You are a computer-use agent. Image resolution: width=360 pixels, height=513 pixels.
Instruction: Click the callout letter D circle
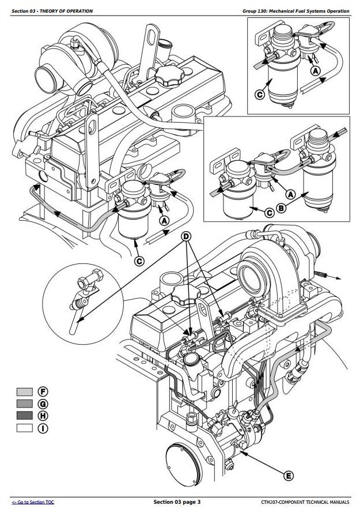click(x=185, y=237)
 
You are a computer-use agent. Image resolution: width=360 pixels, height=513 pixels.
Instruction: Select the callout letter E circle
click(x=289, y=475)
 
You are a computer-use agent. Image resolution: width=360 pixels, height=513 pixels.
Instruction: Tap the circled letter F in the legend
click(x=42, y=393)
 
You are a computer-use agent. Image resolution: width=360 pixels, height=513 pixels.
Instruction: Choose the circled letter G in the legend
click(x=42, y=404)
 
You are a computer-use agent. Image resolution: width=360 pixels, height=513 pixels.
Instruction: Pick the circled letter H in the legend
click(x=42, y=416)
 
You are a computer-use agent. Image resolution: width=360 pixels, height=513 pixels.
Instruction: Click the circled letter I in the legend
click(x=42, y=428)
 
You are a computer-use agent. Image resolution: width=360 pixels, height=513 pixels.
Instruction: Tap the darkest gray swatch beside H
click(x=24, y=416)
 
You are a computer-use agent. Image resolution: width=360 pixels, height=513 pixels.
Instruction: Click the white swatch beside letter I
click(x=24, y=428)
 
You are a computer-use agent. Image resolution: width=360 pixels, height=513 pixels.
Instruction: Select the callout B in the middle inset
click(x=281, y=208)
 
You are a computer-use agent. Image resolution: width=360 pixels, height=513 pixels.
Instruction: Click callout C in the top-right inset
click(x=260, y=94)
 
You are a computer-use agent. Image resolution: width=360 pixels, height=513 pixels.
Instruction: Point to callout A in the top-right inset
click(x=315, y=71)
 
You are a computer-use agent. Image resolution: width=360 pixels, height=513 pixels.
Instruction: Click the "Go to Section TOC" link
click(x=33, y=503)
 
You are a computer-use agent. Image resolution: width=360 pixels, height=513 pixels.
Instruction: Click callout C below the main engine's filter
click(x=139, y=261)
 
